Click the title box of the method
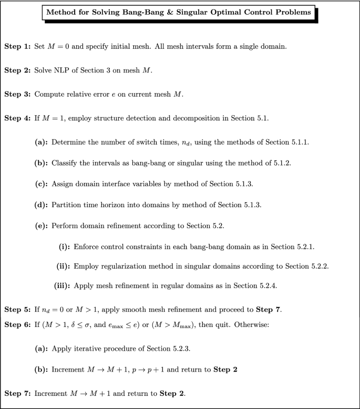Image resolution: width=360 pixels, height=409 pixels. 179,12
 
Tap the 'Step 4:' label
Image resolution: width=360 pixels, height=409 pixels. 18,118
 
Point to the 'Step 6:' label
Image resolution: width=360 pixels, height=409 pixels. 18,324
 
